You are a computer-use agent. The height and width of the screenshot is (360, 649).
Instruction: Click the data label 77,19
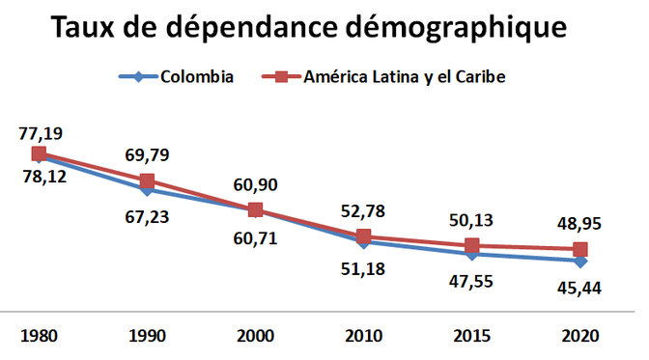point(40,132)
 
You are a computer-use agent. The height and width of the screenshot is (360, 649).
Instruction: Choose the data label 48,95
point(579,223)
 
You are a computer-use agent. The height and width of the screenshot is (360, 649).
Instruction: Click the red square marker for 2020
point(579,250)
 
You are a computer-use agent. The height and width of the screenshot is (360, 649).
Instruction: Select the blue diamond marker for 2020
point(579,261)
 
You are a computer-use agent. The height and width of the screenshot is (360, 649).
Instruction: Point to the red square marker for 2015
point(471,246)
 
